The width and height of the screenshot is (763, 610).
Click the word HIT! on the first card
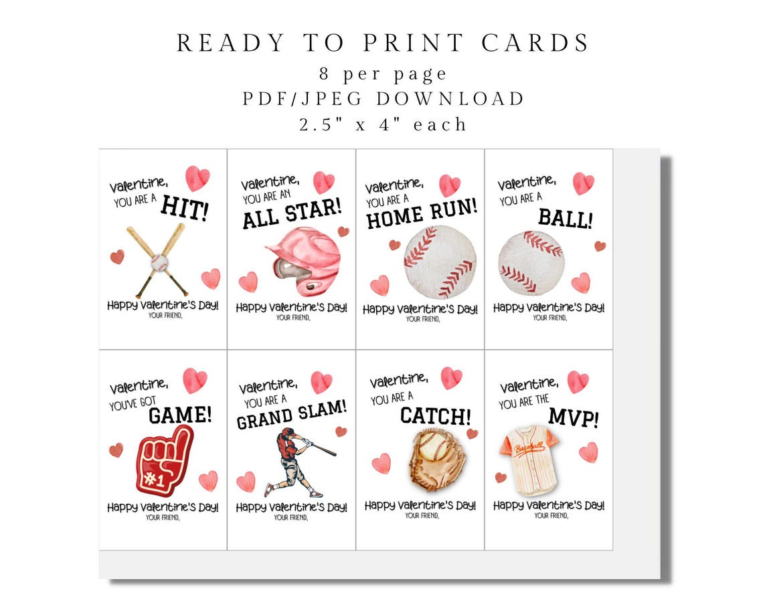point(185,210)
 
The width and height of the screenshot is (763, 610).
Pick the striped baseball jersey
point(529,451)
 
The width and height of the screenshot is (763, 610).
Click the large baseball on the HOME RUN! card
point(440,261)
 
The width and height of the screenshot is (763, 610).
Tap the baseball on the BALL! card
point(531,262)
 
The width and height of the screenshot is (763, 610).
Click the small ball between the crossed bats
point(158,263)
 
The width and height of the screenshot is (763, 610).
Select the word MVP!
point(573,418)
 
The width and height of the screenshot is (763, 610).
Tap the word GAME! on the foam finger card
point(179,415)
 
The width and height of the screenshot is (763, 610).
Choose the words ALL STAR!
point(292,214)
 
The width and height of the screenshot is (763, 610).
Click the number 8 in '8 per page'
point(325,73)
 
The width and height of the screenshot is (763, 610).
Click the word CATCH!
point(435,416)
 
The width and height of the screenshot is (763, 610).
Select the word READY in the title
point(222,43)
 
